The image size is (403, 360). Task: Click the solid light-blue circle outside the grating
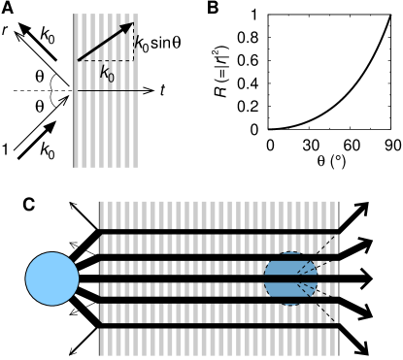52,278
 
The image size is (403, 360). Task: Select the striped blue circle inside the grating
290,278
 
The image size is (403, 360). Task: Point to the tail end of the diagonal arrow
79,60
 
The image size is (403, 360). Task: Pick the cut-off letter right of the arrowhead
136,41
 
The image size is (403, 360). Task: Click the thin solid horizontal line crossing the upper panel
107,91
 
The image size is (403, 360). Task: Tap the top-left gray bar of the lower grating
102,214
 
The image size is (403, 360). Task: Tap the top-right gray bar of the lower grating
332,214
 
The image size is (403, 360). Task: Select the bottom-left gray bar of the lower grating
102,342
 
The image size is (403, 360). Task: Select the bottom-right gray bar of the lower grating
332,342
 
